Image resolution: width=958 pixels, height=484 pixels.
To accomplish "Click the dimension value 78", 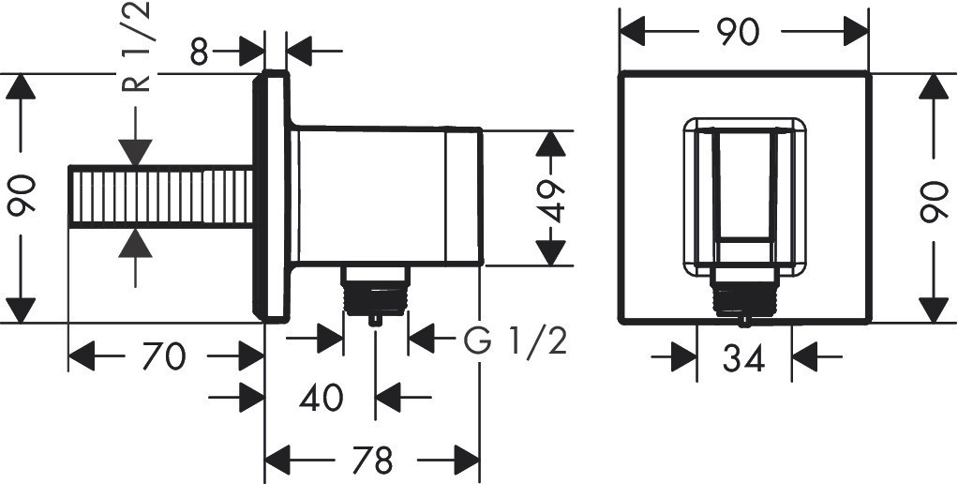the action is pyautogui.click(x=373, y=460).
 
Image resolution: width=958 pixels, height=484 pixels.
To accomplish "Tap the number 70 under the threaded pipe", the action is pyautogui.click(x=163, y=356).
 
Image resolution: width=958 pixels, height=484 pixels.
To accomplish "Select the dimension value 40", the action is pyautogui.click(x=322, y=399).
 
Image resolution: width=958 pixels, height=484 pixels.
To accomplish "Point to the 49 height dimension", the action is pyautogui.click(x=551, y=201).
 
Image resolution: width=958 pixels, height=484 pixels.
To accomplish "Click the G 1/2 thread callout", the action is pyautogui.click(x=515, y=341).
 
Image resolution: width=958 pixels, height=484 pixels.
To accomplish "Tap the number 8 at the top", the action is pyautogui.click(x=199, y=53).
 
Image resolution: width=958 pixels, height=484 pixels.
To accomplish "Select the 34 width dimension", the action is pyautogui.click(x=743, y=358).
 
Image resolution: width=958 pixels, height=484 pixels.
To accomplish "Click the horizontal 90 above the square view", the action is pyautogui.click(x=738, y=33).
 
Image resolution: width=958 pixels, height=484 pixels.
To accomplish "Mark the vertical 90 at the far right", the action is pyautogui.click(x=935, y=199).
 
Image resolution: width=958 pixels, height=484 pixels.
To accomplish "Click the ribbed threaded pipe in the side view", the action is pyautogui.click(x=160, y=197).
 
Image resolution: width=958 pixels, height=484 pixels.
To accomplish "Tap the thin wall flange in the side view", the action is pyautogui.click(x=271, y=196).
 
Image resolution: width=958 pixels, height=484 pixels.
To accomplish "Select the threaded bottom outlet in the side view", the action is pyautogui.click(x=375, y=294).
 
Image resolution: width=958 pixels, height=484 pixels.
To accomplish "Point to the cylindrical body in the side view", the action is pyautogui.click(x=390, y=196).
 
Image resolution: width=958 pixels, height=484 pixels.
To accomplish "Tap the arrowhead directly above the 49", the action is pyautogui.click(x=551, y=144).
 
